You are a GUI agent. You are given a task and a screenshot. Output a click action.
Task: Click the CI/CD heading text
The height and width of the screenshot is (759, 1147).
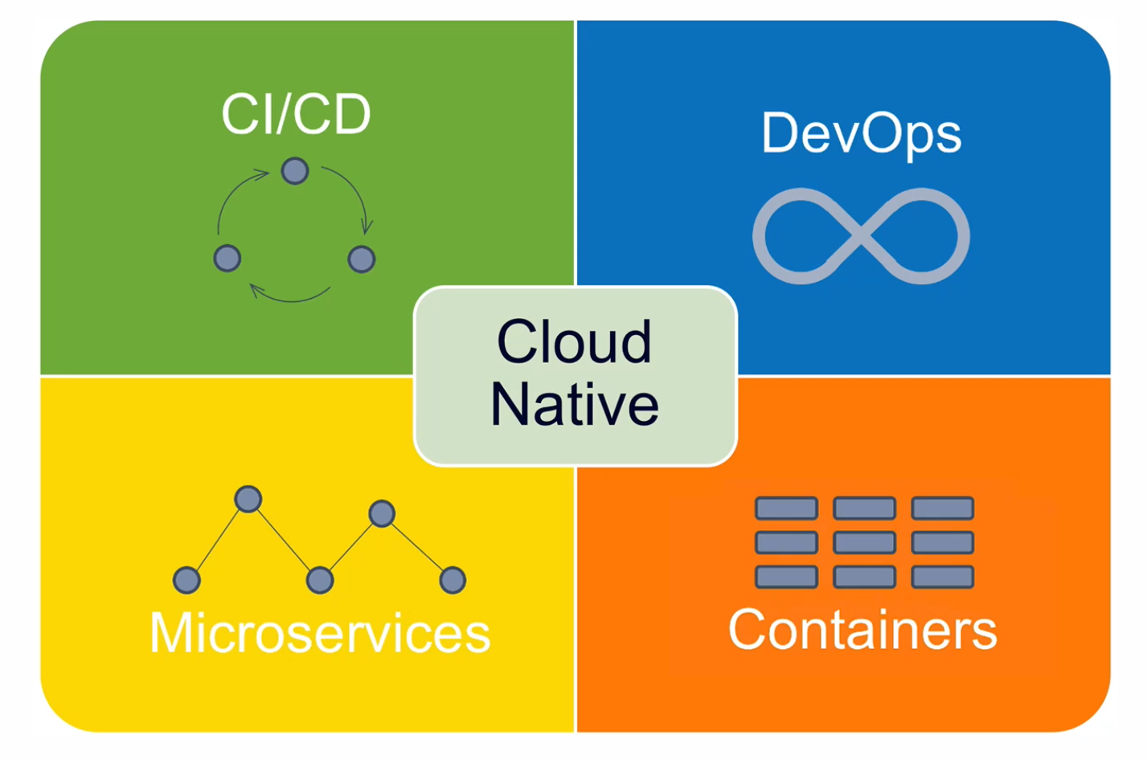296,114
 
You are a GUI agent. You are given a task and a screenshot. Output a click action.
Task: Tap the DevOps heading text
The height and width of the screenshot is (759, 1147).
861,133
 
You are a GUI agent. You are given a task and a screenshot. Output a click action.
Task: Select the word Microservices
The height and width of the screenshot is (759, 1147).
320,633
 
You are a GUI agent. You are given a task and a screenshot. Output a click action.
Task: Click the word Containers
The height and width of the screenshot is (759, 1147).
862,630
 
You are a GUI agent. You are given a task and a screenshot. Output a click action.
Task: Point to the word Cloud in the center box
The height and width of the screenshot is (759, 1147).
575,342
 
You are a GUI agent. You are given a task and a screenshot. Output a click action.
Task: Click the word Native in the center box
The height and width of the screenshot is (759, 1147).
575,404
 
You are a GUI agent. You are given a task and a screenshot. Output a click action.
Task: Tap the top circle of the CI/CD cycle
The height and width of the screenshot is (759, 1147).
295,171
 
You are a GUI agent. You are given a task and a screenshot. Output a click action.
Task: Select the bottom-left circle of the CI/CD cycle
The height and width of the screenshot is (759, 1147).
227,259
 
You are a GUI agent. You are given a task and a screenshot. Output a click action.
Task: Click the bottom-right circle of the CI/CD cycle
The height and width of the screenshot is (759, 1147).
362,259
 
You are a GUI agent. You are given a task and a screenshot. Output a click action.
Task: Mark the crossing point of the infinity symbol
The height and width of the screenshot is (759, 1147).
861,236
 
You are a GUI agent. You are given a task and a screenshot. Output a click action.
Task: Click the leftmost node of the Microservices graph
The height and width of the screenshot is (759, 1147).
186,580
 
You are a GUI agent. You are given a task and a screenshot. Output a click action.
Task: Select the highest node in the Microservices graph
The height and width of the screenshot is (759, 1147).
248,499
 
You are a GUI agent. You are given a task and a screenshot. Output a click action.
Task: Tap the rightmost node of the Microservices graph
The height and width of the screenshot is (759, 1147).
453,580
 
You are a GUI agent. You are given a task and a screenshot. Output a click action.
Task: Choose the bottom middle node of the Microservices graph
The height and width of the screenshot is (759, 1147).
320,580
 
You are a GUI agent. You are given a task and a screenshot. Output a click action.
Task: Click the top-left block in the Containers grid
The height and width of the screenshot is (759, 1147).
786,508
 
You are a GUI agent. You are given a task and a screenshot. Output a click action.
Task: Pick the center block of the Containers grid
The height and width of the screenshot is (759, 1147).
864,543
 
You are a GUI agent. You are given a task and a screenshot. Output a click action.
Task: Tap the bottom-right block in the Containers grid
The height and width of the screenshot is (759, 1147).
942,577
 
